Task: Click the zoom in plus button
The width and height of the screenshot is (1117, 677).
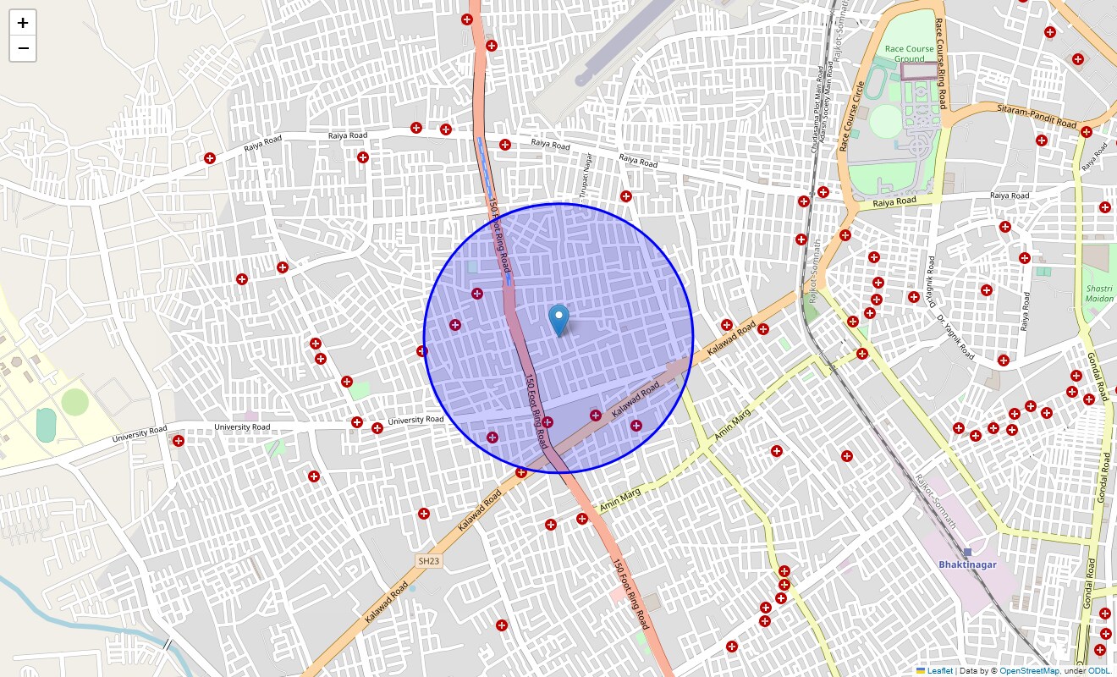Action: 23,23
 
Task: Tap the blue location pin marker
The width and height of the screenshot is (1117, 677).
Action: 558,321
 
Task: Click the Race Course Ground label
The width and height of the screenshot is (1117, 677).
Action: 909,54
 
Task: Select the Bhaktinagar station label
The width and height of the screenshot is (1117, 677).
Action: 967,564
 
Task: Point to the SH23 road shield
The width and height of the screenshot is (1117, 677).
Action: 429,561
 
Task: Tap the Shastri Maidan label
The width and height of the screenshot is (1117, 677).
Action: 1099,293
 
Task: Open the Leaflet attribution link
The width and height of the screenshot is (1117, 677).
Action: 939,671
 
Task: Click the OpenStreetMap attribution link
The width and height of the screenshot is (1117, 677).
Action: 1028,671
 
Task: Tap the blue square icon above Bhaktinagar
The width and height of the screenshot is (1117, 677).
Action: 967,552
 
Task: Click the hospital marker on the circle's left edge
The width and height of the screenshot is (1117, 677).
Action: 422,351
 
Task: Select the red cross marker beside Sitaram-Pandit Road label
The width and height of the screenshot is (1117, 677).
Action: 1087,132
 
